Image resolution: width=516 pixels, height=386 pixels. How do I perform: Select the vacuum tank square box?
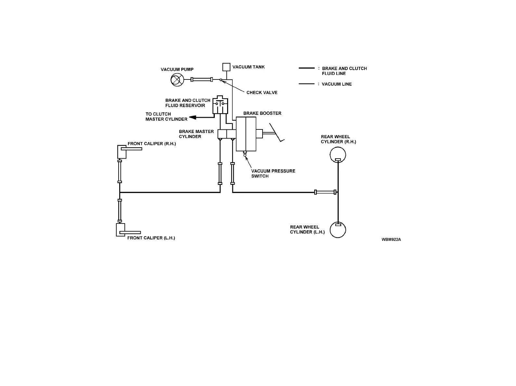(226, 67)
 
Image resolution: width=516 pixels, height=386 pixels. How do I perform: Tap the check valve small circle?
(221, 80)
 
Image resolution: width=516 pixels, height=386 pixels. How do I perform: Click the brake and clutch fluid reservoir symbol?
(220, 104)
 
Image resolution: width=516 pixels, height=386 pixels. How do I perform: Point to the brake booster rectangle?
(246, 134)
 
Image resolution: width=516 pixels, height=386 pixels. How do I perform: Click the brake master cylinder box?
(226, 134)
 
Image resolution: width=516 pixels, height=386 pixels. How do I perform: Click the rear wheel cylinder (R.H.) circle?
(338, 154)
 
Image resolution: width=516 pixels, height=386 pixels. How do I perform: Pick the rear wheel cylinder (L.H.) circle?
(338, 230)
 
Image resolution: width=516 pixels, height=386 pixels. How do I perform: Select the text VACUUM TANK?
(249, 67)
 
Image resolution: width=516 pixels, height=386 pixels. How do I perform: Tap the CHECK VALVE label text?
(262, 92)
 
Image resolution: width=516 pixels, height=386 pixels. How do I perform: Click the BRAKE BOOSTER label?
(262, 113)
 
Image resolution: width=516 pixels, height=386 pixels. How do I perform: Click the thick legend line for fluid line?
(306, 68)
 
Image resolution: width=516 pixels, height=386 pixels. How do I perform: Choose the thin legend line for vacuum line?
(306, 84)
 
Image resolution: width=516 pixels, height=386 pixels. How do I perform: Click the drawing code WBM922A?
(391, 240)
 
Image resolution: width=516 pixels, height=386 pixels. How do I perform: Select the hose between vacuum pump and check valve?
(202, 79)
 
